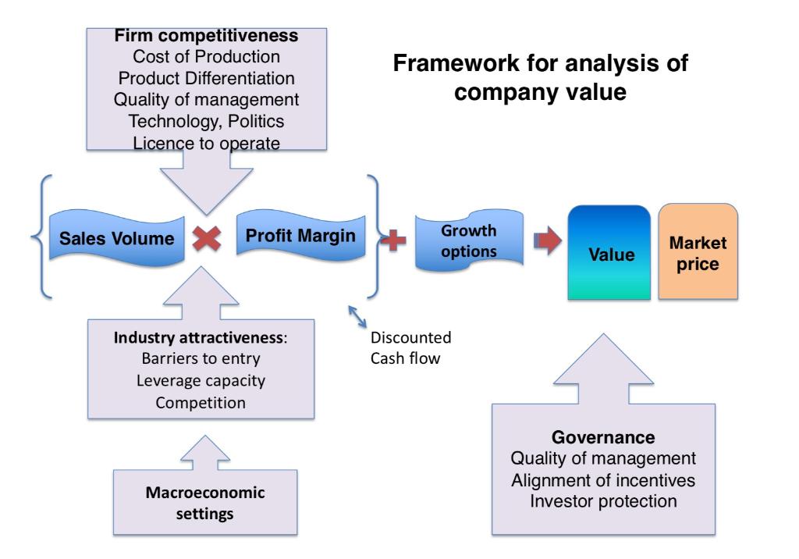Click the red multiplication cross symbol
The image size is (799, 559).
click(207, 238)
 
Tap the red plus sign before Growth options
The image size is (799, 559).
click(393, 240)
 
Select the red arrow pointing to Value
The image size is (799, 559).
click(548, 240)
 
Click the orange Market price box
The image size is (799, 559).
click(698, 251)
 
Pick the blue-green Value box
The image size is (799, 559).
click(609, 252)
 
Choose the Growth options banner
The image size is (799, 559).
click(469, 240)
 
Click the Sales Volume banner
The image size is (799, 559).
click(117, 238)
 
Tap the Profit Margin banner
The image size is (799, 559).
click(300, 236)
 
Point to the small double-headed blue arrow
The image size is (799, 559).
click(357, 316)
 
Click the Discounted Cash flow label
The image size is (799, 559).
click(410, 348)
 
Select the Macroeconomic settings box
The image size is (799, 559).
click(205, 502)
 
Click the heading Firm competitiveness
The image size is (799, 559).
click(206, 36)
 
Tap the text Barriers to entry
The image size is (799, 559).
click(201, 358)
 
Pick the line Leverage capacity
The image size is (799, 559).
click(201, 381)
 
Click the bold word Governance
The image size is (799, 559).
click(603, 437)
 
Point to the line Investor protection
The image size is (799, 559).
click(603, 501)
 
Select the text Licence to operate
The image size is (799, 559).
click(206, 144)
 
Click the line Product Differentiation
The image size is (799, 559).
click(206, 78)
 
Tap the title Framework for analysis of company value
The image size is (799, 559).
click(540, 77)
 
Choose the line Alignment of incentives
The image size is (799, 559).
click(603, 480)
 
